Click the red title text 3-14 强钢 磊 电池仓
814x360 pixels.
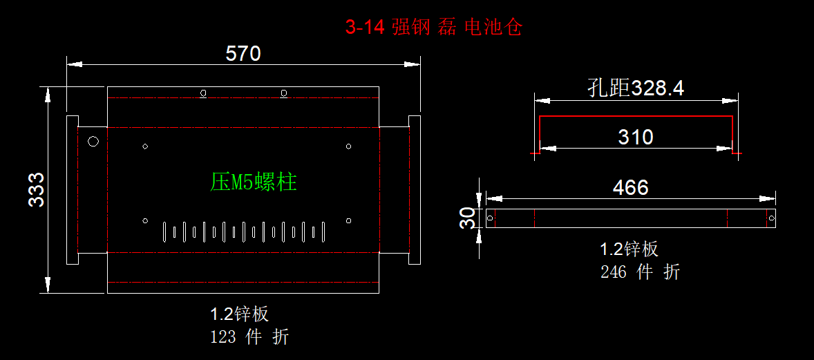point(433,28)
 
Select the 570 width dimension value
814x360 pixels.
point(243,53)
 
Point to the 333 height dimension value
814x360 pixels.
point(37,189)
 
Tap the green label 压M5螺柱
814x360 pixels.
point(254,182)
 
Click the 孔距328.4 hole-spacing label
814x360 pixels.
point(635,88)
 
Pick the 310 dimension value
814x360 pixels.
point(635,137)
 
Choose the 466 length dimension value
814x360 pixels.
point(630,187)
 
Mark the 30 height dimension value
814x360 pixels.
point(468,218)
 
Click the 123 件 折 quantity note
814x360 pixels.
point(249,337)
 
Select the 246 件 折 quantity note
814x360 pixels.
point(640,272)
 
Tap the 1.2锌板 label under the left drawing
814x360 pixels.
point(239,314)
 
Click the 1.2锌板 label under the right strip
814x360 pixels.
point(629,249)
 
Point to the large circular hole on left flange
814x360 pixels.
point(93,142)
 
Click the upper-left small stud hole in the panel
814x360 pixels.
point(145,146)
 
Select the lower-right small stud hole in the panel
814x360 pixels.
point(348,220)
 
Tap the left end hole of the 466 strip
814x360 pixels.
point(491,219)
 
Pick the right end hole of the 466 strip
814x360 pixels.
point(771,219)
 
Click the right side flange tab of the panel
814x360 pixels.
point(415,189)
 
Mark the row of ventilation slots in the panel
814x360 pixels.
point(243,231)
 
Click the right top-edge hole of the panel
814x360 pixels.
point(283,93)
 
